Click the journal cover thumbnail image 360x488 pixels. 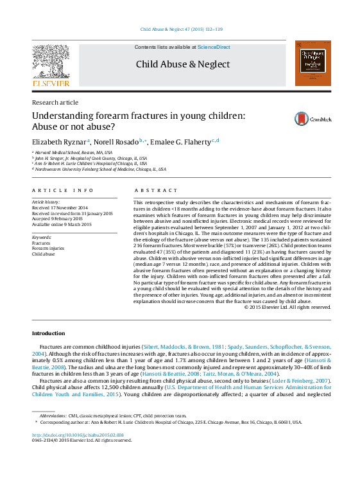tap(313, 63)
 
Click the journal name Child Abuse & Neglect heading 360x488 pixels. tap(182, 64)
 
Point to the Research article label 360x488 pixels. tap(55, 103)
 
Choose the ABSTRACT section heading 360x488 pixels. tap(155, 191)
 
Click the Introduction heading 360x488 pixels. tap(48, 333)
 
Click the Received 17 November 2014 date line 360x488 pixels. tap(60, 207)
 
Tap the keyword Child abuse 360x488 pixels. tap(43, 254)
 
